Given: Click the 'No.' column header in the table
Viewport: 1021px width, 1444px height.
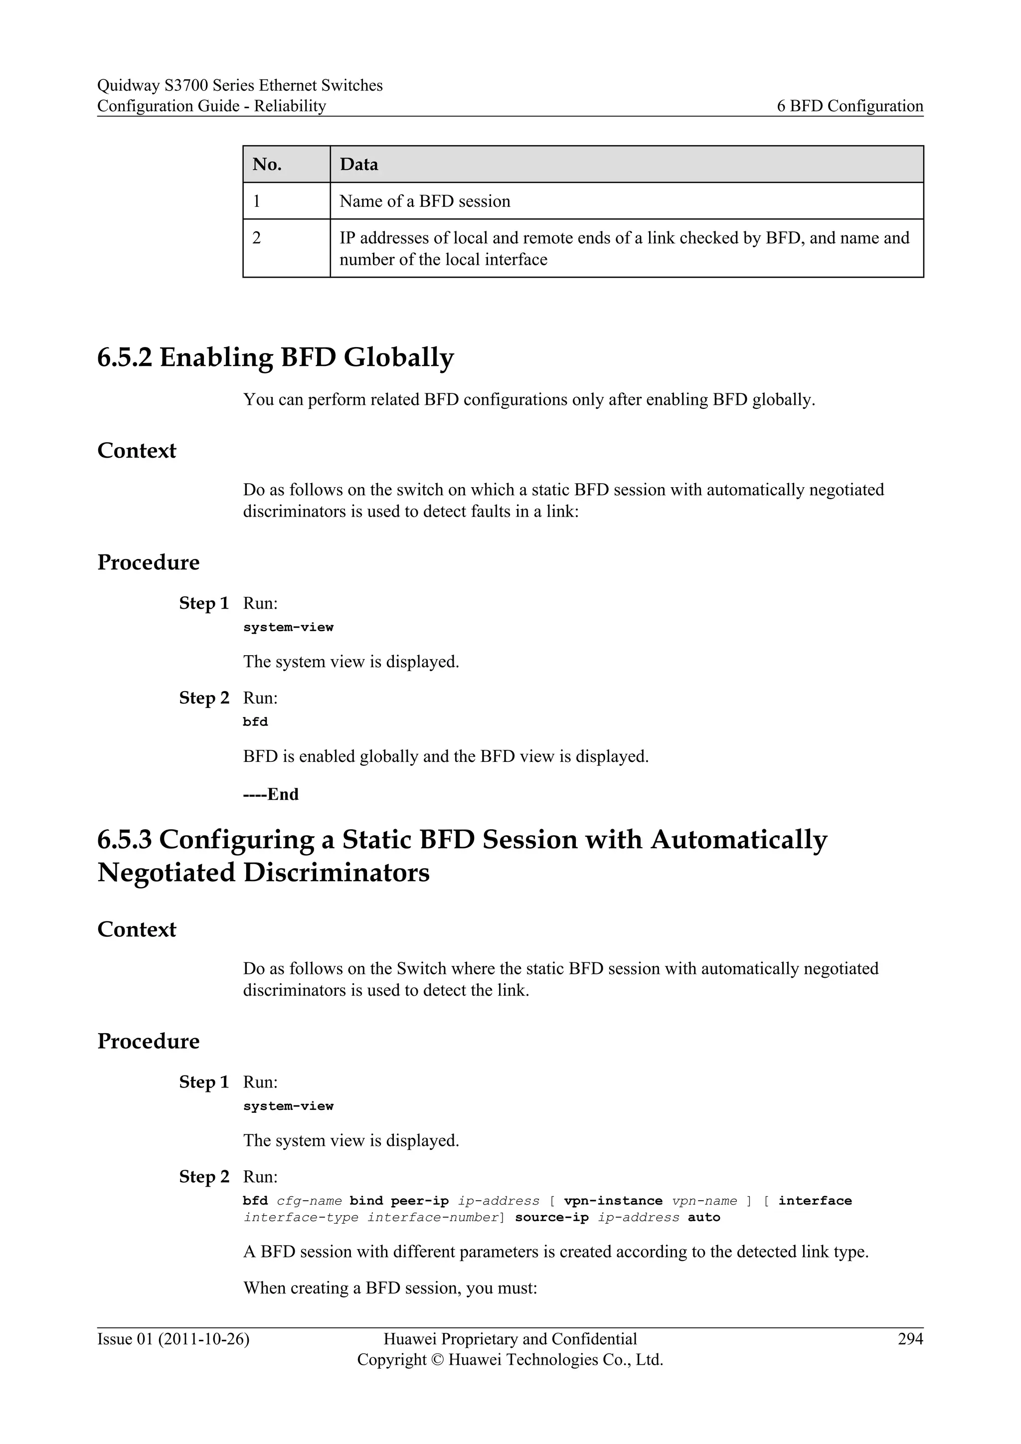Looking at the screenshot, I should point(267,164).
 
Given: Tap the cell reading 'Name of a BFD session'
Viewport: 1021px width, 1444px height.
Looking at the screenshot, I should point(425,201).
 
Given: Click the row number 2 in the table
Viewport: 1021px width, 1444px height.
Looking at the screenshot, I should point(257,238).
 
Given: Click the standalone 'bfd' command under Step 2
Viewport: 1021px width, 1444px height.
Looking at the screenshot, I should point(255,722).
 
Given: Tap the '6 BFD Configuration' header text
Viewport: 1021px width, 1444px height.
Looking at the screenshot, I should point(850,106).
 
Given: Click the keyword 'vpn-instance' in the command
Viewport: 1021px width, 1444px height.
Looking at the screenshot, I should point(613,1201).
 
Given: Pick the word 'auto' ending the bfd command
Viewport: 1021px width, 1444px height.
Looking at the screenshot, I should point(703,1218).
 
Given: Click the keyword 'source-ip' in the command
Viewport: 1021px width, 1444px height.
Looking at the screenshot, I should point(551,1218).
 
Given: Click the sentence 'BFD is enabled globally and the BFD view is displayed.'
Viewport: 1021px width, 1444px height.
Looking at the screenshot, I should point(446,756).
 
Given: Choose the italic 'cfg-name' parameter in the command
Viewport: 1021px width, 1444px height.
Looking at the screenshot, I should point(309,1201).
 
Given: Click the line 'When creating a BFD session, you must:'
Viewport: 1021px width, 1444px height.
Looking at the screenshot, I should point(390,1288).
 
